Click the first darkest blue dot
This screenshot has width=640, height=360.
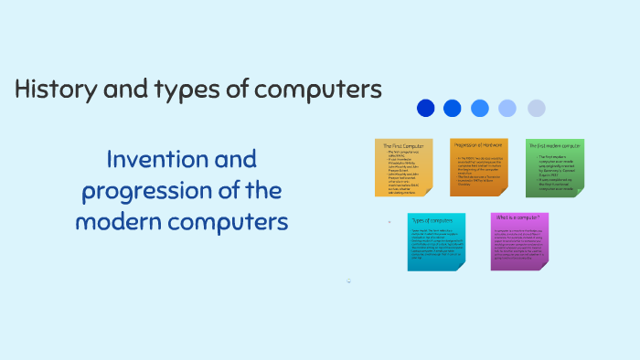tap(426, 108)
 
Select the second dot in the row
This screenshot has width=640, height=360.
tap(453, 108)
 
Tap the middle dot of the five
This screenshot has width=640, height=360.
tap(480, 108)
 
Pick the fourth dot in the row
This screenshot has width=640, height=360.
tap(507, 108)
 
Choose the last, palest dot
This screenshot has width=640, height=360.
tap(536, 108)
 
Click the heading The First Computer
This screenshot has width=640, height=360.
tap(402, 145)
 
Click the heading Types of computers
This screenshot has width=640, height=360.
tap(432, 220)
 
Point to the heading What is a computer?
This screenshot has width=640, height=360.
tap(517, 217)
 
